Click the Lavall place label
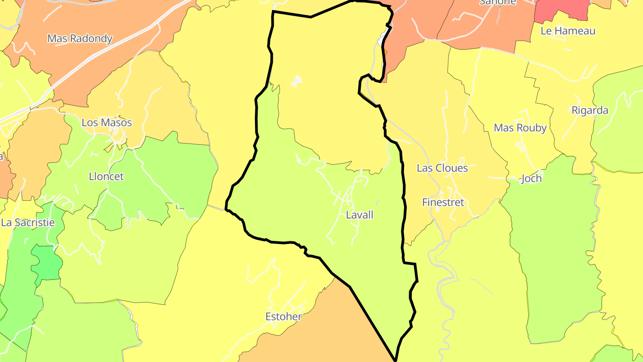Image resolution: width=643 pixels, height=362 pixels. pos(359,215)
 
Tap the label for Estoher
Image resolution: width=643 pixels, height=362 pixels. pos(284,317)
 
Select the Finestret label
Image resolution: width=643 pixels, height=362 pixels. pos(443,202)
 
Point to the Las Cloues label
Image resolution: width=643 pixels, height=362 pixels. pos(442,168)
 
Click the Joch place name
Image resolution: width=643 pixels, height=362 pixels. pos(531,179)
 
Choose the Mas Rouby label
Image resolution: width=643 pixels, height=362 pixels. pos(520,128)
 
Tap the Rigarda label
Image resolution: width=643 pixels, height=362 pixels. pos(590,110)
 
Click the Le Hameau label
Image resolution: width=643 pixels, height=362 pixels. pos(568,31)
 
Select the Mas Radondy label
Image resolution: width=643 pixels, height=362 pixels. pos(80,38)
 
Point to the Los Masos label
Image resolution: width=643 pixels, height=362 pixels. pos(107,122)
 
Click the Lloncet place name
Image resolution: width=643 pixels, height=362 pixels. pos(106,177)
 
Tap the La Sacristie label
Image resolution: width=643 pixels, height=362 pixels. pos(28,223)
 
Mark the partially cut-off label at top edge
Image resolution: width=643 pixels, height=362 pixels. pos(497,2)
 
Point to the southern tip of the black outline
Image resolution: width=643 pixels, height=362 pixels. pos(396,359)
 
